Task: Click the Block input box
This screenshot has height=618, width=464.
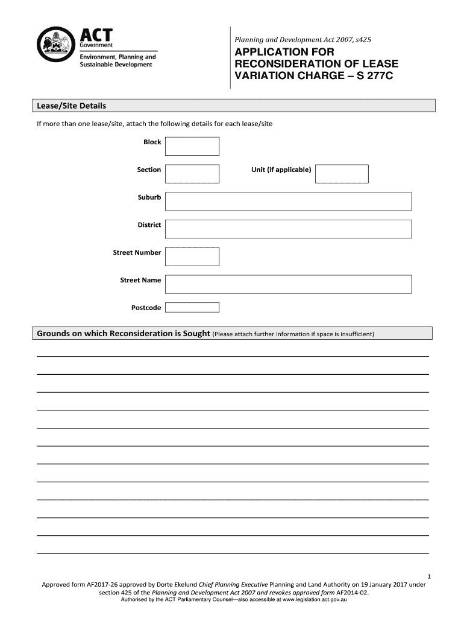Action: [x=192, y=146]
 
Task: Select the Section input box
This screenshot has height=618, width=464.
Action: [x=192, y=173]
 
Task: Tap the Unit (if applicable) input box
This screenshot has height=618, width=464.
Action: [x=342, y=173]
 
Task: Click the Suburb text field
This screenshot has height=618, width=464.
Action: [x=288, y=201]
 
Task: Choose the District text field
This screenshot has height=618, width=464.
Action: [x=288, y=229]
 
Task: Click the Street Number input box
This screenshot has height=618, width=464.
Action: [x=192, y=256]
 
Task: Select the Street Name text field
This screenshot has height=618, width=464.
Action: [x=288, y=284]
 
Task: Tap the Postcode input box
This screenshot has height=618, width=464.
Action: [x=192, y=308]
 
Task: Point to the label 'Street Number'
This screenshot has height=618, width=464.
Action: [x=137, y=252]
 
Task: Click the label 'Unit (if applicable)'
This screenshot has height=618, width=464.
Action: [x=281, y=170]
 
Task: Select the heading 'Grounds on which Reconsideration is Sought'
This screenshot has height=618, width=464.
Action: [x=124, y=334]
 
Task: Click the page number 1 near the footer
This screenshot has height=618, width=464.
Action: [x=427, y=576]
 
